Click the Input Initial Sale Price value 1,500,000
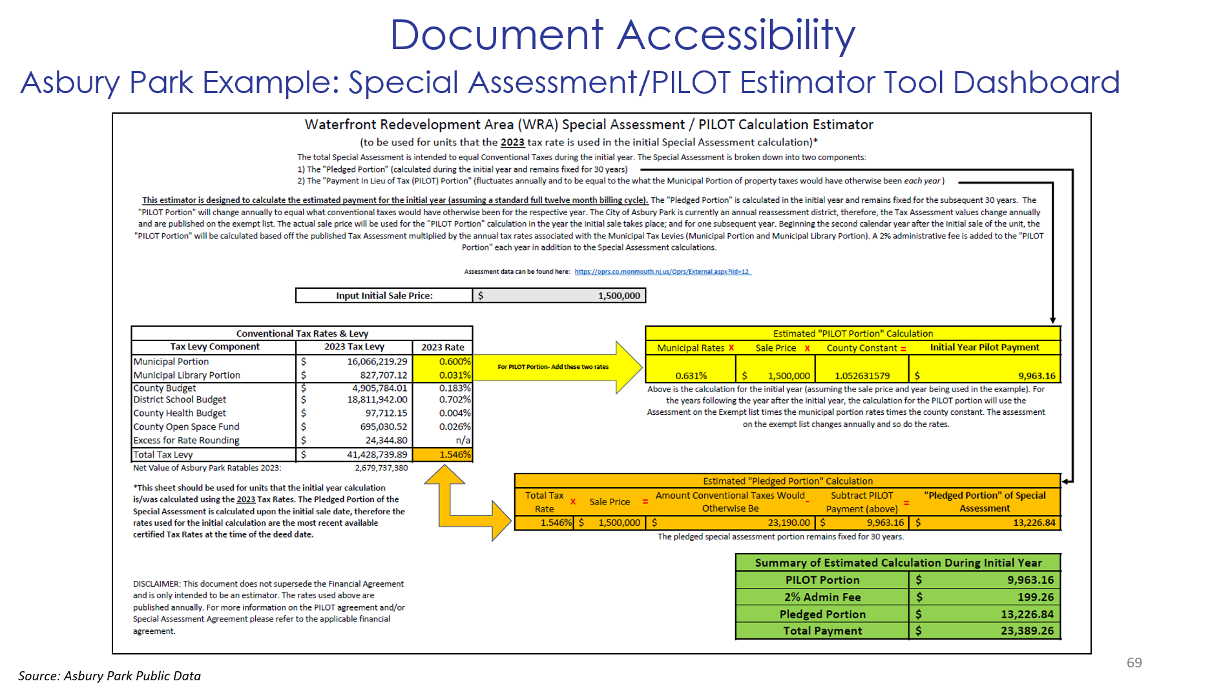pyautogui.click(x=618, y=296)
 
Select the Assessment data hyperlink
pyautogui.click(x=662, y=272)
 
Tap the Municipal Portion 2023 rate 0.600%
pyautogui.click(x=454, y=362)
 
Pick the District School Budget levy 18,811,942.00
pyautogui.click(x=377, y=400)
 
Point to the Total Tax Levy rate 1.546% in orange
pyautogui.click(x=454, y=455)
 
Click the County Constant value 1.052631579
pyautogui.click(x=862, y=376)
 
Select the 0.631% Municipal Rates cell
pyautogui.click(x=691, y=376)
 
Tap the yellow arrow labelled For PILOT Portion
pyautogui.click(x=556, y=367)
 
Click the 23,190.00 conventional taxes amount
pyautogui.click(x=788, y=523)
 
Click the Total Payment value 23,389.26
pyautogui.click(x=1027, y=631)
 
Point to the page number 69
pyautogui.click(x=1134, y=663)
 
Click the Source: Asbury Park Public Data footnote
pyautogui.click(x=109, y=676)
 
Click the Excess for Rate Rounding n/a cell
pyautogui.click(x=463, y=441)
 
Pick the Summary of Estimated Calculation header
pyautogui.click(x=898, y=563)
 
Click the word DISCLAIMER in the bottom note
pyautogui.click(x=156, y=584)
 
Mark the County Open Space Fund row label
pyautogui.click(x=186, y=427)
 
